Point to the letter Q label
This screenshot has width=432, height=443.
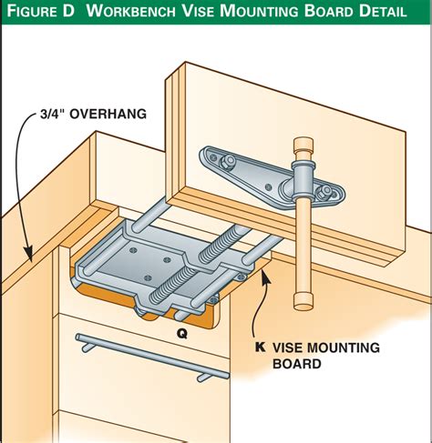tap(182, 334)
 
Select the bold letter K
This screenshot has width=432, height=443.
tap(260, 347)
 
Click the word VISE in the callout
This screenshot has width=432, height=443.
tap(287, 347)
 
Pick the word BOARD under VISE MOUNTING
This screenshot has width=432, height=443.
tap(297, 363)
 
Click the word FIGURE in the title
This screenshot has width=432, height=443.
tap(32, 11)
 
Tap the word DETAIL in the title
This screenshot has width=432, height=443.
tap(382, 11)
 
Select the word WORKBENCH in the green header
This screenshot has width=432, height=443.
tap(130, 11)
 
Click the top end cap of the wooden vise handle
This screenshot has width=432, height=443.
tap(303, 144)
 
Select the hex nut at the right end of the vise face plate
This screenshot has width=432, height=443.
tap(325, 192)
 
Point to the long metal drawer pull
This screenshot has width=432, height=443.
tap(152, 357)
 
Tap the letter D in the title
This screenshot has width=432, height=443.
tap(68, 11)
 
